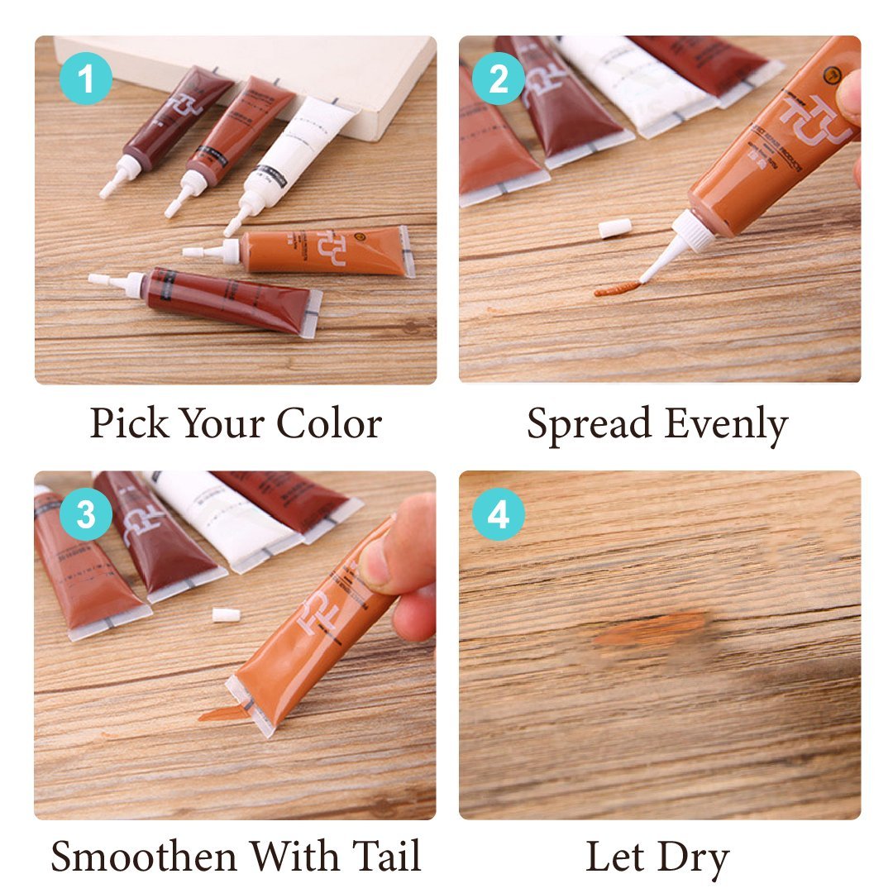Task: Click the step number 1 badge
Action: [85, 80]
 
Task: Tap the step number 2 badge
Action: [498, 80]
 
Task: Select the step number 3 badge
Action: [85, 515]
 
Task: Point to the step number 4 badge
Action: [498, 515]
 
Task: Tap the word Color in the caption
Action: [328, 424]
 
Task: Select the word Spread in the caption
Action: [589, 424]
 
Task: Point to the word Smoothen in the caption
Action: [144, 857]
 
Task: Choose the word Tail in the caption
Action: [384, 855]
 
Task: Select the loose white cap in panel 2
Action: [615, 228]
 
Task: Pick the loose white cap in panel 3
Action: [226, 615]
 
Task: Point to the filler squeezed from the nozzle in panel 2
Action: [617, 289]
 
